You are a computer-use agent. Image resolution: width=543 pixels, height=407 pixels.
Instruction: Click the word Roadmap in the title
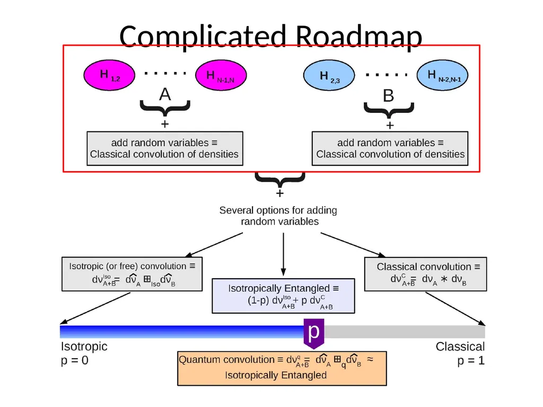tap(359, 37)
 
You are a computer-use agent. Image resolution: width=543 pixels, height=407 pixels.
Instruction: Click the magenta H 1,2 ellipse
tap(109, 75)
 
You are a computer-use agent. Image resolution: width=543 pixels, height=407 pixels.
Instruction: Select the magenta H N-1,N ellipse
tap(221, 75)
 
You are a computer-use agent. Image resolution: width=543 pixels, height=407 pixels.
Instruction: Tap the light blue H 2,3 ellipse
tap(329, 75)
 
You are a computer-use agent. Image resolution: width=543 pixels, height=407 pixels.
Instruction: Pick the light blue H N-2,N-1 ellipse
tap(442, 75)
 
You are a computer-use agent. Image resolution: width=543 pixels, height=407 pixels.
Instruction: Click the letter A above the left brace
tap(165, 94)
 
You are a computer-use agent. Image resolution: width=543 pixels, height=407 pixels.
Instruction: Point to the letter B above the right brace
tap(389, 95)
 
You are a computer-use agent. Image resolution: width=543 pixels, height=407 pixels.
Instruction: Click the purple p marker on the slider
tap(314, 333)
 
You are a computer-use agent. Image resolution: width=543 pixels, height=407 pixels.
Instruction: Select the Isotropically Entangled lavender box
tap(283, 296)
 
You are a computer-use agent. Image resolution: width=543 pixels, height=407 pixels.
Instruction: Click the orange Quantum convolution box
tap(282, 368)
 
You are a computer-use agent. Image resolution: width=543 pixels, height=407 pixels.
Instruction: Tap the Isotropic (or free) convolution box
tap(132, 274)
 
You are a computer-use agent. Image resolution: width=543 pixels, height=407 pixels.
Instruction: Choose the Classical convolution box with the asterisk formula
tap(426, 274)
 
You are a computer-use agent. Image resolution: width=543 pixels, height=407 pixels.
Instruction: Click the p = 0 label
tap(74, 360)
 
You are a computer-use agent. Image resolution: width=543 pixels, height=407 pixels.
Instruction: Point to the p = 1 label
tap(471, 360)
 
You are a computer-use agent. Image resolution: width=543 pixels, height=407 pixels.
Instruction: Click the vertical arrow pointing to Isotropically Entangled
tap(283, 254)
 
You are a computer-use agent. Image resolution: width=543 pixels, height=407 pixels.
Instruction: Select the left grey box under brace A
tap(165, 148)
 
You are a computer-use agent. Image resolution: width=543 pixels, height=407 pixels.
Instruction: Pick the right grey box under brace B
tap(390, 148)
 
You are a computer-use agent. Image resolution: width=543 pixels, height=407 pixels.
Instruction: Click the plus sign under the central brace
tap(280, 193)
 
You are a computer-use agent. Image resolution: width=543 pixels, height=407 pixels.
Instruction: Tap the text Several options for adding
tap(278, 210)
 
